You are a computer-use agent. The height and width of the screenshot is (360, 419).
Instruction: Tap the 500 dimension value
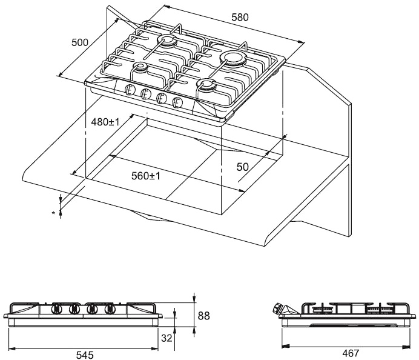80,42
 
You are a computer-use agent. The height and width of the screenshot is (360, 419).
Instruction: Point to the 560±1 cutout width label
146,176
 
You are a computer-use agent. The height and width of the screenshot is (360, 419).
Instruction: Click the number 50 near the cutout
243,167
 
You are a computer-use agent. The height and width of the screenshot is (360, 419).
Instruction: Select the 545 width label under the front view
85,355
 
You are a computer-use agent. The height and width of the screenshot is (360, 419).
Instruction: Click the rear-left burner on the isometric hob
167,42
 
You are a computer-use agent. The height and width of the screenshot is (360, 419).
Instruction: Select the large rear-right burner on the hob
233,58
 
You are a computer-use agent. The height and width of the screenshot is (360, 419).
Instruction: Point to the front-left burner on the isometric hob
140,67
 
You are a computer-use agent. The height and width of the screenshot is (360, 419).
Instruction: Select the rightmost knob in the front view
110,309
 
